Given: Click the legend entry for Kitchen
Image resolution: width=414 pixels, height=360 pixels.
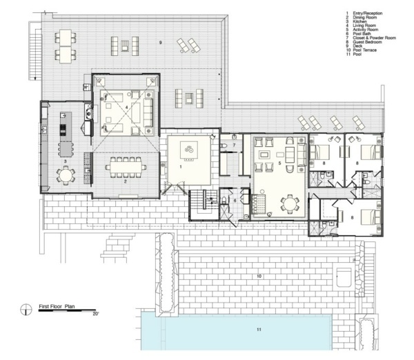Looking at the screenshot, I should (358, 21).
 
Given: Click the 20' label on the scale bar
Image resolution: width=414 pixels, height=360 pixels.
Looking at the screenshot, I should (97, 314).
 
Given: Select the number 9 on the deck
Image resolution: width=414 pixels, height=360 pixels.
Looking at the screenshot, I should (160, 43).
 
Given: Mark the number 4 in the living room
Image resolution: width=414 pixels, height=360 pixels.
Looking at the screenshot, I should (126, 108).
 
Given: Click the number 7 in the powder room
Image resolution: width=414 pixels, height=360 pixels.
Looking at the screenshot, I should (235, 146).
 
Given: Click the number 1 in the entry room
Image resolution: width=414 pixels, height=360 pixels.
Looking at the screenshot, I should (180, 166).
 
